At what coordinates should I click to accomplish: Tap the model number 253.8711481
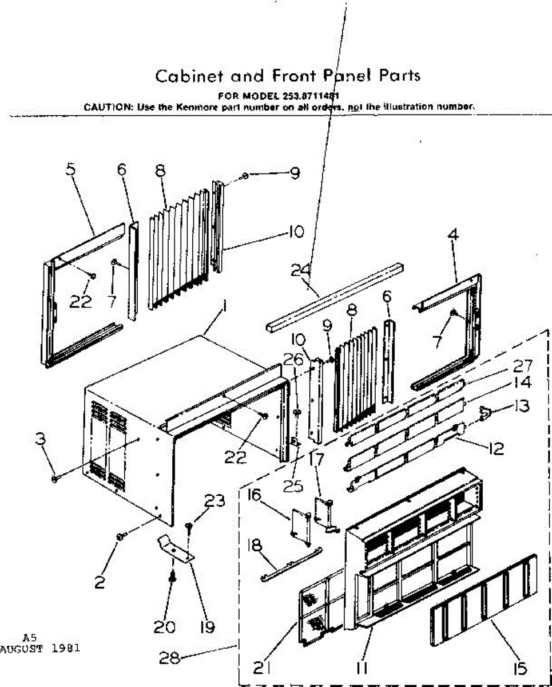coord(311,96)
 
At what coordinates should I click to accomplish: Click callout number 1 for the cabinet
coord(226,308)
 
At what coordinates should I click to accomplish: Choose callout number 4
coord(454,235)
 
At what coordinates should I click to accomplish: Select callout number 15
coord(521,668)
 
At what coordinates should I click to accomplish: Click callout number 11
coord(362,668)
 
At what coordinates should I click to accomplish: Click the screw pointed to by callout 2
coord(120,536)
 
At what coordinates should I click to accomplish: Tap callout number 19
coord(207,627)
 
